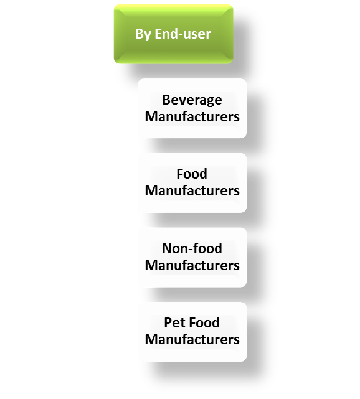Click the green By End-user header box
[x=173, y=34]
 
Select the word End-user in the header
[x=182, y=34]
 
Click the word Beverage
[x=192, y=100]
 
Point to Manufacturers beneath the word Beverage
[x=192, y=116]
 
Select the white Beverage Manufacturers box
[x=192, y=108]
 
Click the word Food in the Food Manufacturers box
[x=192, y=174]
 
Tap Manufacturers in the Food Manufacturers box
[x=192, y=191]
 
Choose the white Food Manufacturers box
[x=192, y=183]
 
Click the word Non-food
[x=192, y=248]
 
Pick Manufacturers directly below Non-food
[x=192, y=265]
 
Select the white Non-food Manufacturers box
[x=192, y=257]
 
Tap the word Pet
[x=174, y=322]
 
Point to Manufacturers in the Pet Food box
[x=192, y=340]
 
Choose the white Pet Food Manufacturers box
[x=192, y=332]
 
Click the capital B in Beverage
[x=166, y=100]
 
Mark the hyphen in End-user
[x=179, y=35]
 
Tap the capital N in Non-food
[x=168, y=248]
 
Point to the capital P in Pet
[x=168, y=322]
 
